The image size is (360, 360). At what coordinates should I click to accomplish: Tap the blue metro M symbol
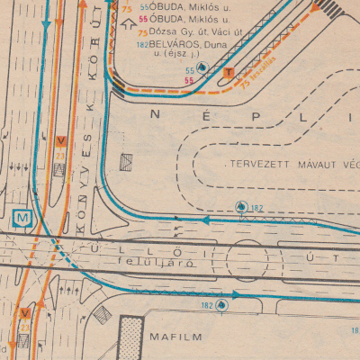[x=21, y=217]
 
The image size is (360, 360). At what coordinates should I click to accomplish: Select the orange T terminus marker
[x=229, y=73]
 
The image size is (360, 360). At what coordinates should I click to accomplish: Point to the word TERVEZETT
[x=256, y=166]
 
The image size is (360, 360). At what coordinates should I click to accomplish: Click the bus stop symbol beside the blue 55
[x=203, y=68]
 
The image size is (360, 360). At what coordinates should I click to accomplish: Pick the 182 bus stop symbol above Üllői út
[x=240, y=206]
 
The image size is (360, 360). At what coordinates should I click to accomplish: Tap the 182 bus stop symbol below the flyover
[x=220, y=305]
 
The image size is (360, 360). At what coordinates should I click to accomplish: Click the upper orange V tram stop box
[x=61, y=141]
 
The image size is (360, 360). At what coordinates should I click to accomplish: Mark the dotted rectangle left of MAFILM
[x=132, y=338]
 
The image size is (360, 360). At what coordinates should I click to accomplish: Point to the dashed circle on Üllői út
[x=247, y=261]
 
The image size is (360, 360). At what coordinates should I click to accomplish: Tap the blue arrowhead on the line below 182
[x=207, y=219]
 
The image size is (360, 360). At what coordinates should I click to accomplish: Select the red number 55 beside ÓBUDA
[x=144, y=18]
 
